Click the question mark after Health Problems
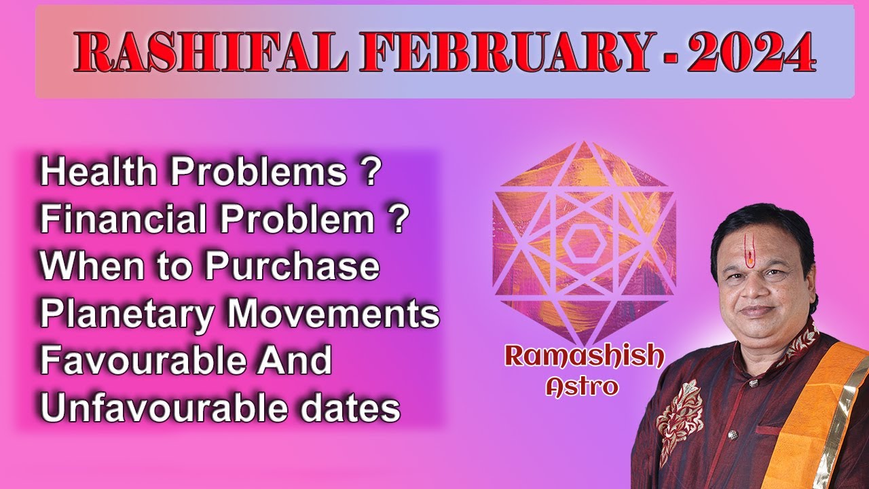pos(369,173)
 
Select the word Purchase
pos(292,267)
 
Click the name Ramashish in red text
pos(583,357)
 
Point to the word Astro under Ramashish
pos(583,386)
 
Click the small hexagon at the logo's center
pos(583,241)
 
